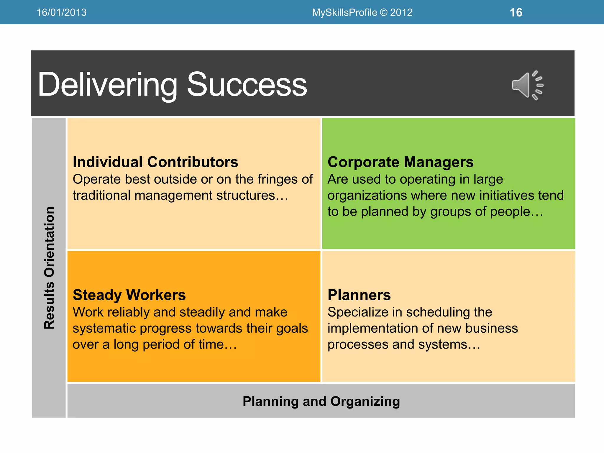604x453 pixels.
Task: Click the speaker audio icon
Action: (527, 85)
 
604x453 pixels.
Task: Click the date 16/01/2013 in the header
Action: (61, 12)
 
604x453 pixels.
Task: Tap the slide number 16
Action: (516, 12)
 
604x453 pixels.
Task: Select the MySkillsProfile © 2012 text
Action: (362, 12)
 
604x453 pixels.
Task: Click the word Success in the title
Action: (247, 85)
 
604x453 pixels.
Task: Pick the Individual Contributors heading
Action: (155, 162)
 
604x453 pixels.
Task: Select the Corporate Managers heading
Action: (401, 162)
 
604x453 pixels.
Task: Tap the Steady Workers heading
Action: (129, 295)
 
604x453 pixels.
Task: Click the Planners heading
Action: (359, 295)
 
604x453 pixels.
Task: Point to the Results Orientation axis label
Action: (49, 268)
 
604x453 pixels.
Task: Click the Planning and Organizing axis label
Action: (321, 401)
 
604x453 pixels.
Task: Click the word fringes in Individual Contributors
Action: (278, 179)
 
